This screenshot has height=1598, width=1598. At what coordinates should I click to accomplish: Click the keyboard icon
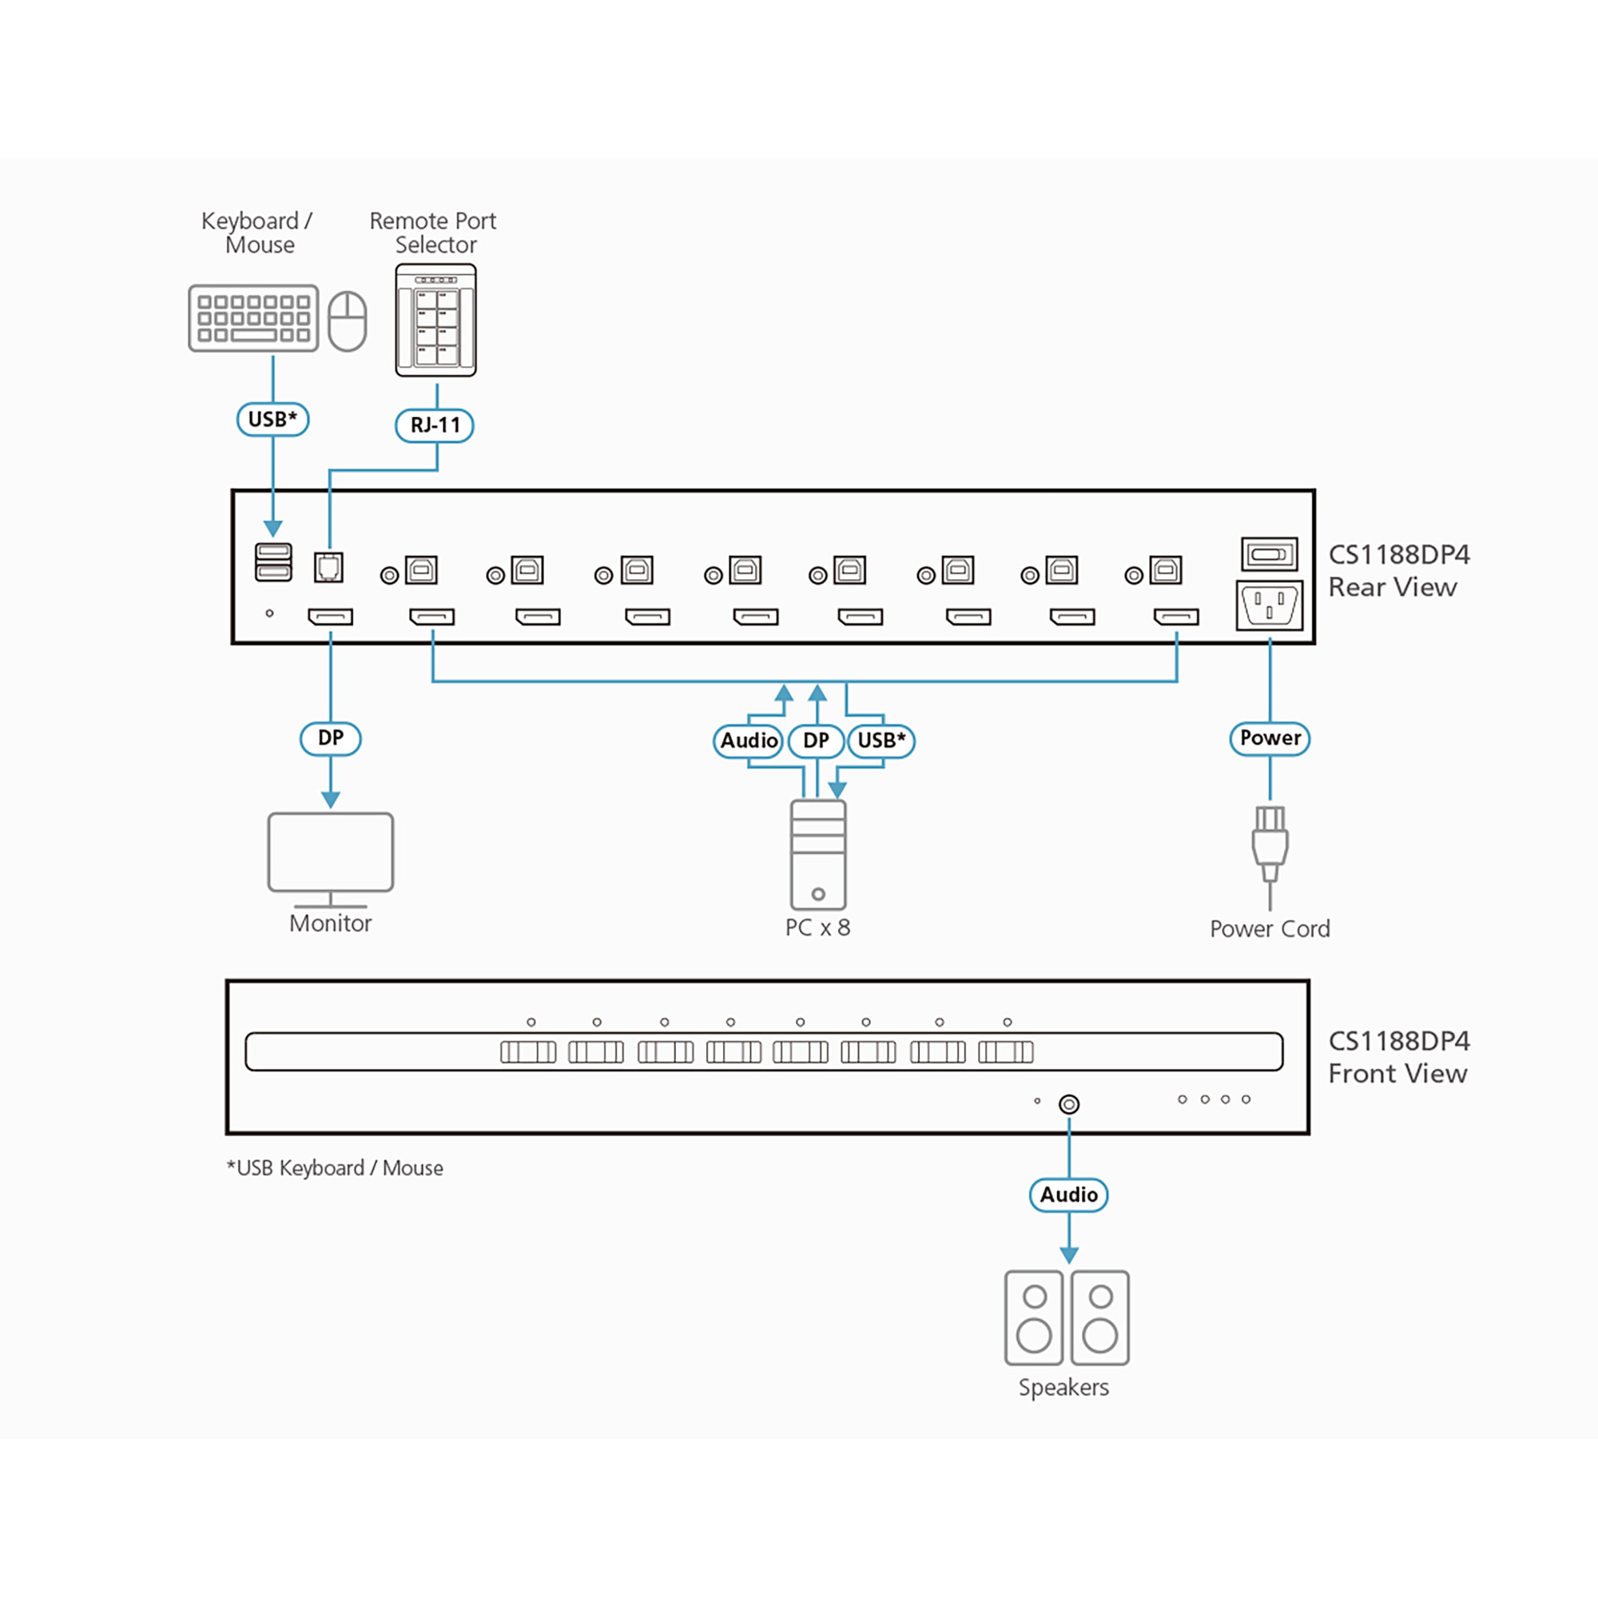tap(253, 319)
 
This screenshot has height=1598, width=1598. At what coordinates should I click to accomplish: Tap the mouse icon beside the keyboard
tap(348, 321)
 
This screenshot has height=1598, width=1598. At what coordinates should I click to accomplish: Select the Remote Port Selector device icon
tap(436, 320)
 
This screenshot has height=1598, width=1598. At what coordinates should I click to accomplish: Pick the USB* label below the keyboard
tap(273, 419)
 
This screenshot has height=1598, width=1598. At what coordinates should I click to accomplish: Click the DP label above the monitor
tap(331, 737)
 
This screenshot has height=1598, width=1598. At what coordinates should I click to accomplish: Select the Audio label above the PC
tap(749, 741)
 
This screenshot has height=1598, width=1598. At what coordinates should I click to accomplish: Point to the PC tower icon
tap(818, 854)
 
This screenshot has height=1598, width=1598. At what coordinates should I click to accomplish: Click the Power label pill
tap(1270, 737)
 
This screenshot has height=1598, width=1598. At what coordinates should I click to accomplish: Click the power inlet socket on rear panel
tap(1269, 606)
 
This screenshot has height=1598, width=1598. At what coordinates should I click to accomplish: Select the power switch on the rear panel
tap(1269, 555)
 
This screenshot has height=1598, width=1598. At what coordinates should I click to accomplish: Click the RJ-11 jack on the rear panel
tap(329, 567)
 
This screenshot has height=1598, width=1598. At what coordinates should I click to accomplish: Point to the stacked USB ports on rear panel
tap(274, 562)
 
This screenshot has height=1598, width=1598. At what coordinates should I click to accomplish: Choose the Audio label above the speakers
tap(1068, 1195)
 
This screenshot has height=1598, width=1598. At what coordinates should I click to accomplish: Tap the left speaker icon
tap(1034, 1318)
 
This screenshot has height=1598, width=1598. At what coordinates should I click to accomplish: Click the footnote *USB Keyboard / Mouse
tap(335, 1168)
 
